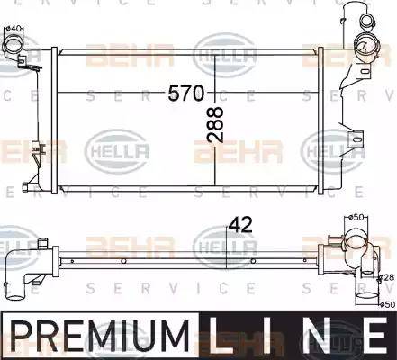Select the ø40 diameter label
pyautogui.click(x=14, y=29)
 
